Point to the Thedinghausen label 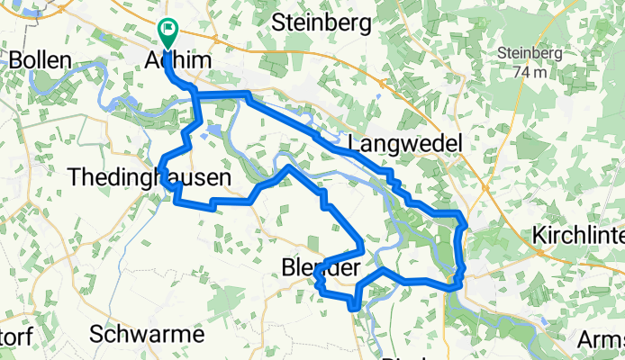coord(149,179)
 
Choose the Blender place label coord(321,267)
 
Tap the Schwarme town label coord(147,333)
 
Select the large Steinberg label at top coord(321,24)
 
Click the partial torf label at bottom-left coord(16,335)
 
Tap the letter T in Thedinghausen coord(75,179)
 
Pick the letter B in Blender coord(287,267)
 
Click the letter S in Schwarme coord(97,333)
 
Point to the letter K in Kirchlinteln coord(539,233)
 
